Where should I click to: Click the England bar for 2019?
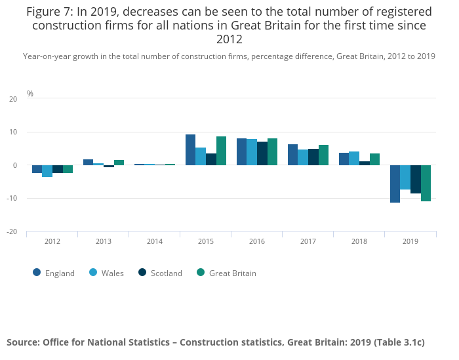[395, 184]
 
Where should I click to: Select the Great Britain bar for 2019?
[426, 183]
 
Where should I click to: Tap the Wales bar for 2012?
[47, 171]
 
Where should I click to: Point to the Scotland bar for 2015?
[211, 159]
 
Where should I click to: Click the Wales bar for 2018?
[354, 159]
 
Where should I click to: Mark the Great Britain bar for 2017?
[323, 155]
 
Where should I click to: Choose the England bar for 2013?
[88, 162]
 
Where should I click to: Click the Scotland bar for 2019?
[416, 179]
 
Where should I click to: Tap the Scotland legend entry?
[160, 273]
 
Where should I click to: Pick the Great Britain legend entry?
[226, 273]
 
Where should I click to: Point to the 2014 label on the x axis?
[155, 241]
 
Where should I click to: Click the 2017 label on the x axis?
[308, 241]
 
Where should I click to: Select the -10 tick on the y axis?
[12, 199]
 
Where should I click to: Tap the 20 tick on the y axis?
[13, 99]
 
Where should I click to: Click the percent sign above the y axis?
[30, 94]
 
